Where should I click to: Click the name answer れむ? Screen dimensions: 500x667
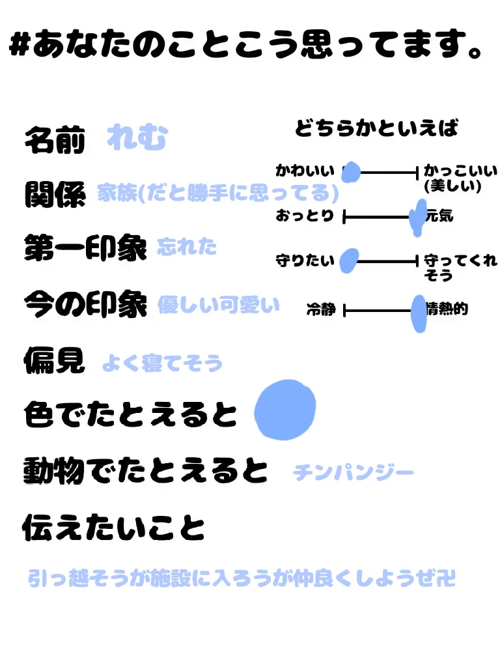tap(137, 139)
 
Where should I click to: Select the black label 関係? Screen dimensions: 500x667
tap(55, 194)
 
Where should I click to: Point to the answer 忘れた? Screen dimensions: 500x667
tap(186, 248)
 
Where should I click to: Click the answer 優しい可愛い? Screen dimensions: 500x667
tap(218, 305)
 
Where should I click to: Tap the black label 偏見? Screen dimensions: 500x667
tap(55, 360)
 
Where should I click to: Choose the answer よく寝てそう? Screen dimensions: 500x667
tap(162, 363)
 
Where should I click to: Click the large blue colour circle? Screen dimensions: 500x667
tap(285, 408)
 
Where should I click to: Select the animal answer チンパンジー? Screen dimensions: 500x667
tap(354, 472)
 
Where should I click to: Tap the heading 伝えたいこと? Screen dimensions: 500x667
tap(113, 528)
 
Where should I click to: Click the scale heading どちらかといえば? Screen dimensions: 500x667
tap(376, 128)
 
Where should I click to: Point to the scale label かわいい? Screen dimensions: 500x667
tap(305, 171)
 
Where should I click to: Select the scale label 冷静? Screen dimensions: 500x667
tap(321, 310)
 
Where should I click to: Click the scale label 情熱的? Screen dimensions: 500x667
tap(447, 309)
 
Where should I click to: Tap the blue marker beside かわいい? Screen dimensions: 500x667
tap(351, 172)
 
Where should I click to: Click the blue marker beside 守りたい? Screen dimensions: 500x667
tap(348, 260)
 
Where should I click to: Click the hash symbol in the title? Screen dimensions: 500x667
tap(21, 48)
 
